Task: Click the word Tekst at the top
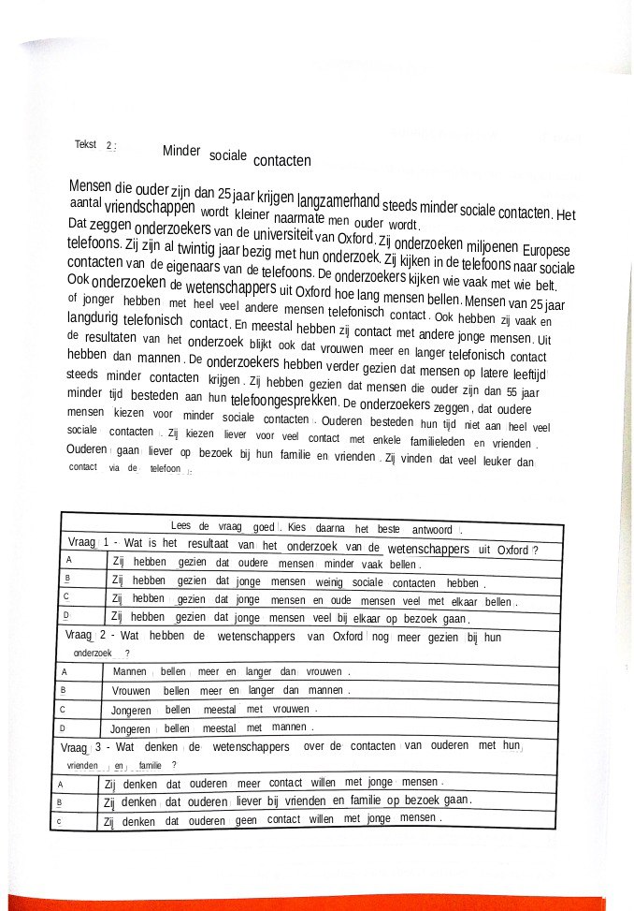pos(85,144)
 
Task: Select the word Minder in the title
pos(181,151)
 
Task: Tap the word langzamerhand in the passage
pos(338,200)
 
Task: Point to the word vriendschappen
pos(150,207)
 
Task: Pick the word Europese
pos(546,251)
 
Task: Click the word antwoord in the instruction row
pos(431,529)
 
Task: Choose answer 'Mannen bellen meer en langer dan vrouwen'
pos(231,671)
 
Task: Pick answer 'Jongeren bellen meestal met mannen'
pos(211,727)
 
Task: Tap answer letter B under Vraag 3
pos(59,802)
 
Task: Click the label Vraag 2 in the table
pos(86,636)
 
